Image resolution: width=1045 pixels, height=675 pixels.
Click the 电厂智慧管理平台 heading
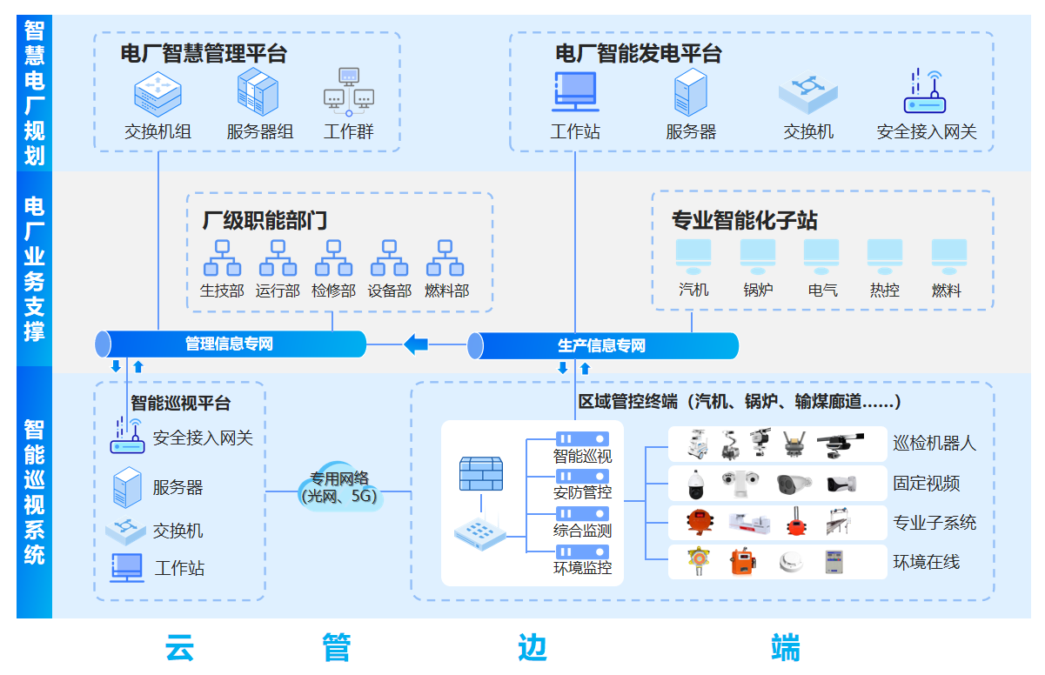pos(204,54)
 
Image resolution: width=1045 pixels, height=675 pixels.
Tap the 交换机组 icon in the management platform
pos(157,93)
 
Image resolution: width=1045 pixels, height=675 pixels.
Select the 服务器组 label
pos(260,132)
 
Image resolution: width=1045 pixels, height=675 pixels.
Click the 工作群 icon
pos(349,91)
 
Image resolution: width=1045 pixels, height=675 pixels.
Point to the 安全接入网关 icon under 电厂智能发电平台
pos(925,92)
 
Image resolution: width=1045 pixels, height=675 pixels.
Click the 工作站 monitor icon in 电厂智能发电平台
pos(575,92)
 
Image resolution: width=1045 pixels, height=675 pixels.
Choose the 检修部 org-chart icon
pos(333,258)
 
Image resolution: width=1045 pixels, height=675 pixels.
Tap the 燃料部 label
pos(446,291)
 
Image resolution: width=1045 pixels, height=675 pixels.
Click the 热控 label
pos(885,290)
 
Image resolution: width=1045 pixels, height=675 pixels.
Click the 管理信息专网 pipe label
pos(229,344)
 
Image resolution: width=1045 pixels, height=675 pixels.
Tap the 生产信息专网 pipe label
pos(601,346)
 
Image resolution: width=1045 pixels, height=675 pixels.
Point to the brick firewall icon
pos(481,474)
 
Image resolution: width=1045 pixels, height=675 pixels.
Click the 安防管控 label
pos(582,492)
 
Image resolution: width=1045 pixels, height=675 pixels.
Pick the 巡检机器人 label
pos(934,443)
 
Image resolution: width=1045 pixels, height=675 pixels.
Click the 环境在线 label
pos(926,562)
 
